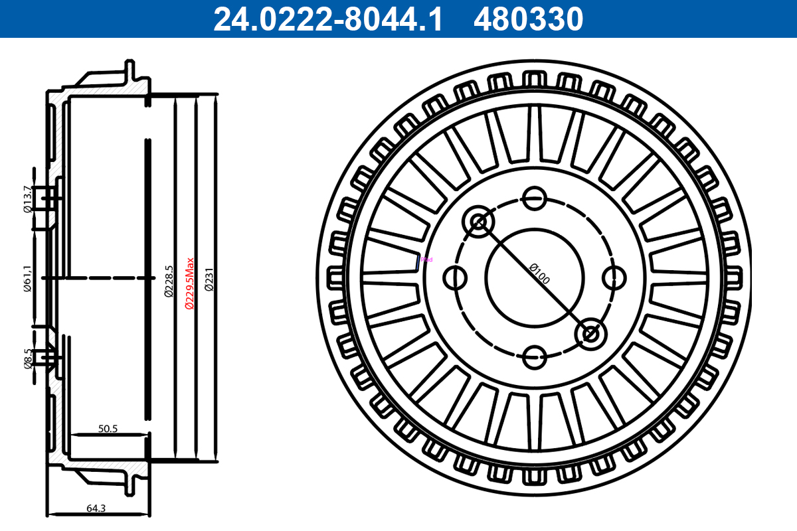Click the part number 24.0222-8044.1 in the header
[x=327, y=19]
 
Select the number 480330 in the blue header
[x=528, y=19]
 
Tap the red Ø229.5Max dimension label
[x=189, y=283]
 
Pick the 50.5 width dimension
[x=108, y=429]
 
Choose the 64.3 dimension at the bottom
[x=96, y=508]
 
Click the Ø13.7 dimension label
[x=27, y=199]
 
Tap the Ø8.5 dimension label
[x=27, y=358]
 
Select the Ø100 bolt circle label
[x=539, y=273]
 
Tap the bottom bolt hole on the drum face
[x=535, y=357]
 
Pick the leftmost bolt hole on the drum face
[x=455, y=277]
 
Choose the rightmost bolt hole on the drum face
[x=615, y=277]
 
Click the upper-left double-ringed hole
[x=479, y=221]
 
